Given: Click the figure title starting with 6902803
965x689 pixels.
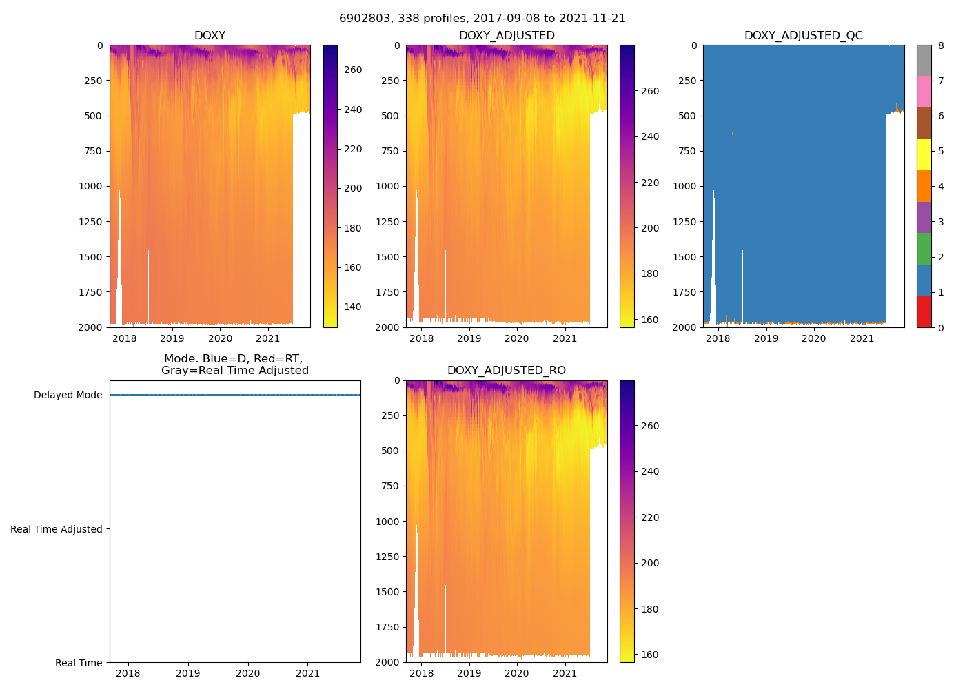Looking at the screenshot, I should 482,19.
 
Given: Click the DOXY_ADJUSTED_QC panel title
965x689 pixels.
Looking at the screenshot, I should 803,36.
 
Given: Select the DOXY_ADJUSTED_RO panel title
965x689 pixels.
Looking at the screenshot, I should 506,371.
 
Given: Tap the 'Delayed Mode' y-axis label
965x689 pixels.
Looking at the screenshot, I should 68,395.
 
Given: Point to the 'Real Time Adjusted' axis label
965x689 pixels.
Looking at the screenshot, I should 56,529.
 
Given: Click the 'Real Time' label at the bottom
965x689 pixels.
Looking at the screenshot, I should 79,663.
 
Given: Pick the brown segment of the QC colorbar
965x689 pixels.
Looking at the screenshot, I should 924,123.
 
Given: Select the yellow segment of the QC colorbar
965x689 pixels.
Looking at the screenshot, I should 924,154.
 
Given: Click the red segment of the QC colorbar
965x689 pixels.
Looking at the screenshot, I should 924,311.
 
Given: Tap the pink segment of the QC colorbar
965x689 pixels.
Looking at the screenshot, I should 924,92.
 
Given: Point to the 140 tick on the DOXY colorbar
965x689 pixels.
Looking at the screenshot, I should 352,307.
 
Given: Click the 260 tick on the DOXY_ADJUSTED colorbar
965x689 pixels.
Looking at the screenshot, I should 649,91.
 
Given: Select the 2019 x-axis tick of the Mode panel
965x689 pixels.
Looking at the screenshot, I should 188,673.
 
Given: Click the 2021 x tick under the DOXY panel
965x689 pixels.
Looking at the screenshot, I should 268,338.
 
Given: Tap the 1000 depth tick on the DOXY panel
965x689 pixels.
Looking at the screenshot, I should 91,186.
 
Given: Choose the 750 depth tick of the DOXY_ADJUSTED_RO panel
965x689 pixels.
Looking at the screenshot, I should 389,486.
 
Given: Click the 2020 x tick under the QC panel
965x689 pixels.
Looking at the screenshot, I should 814,338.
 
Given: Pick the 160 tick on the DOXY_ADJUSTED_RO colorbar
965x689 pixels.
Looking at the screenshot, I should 649,655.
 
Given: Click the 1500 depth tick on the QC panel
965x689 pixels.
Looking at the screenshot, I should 685,257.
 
